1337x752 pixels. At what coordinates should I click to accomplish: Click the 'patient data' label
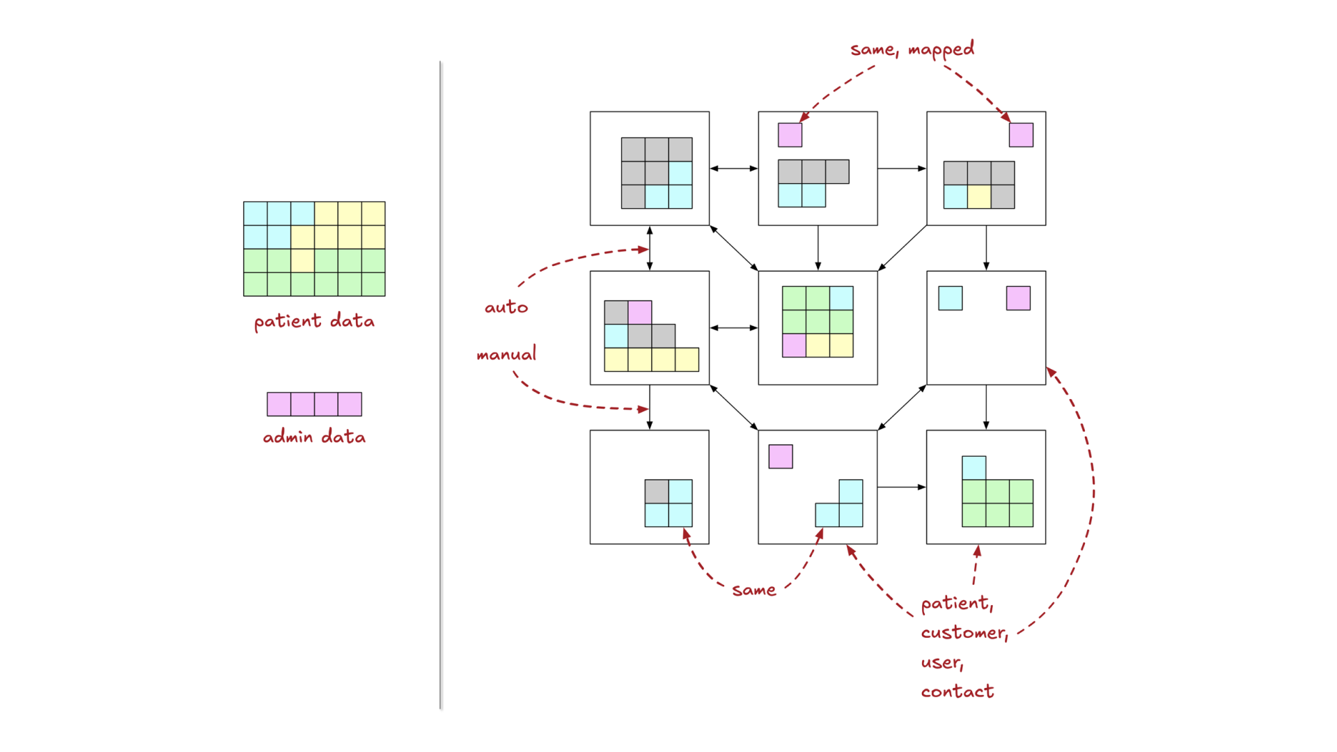pos(314,321)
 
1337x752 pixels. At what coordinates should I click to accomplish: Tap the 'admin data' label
pos(314,437)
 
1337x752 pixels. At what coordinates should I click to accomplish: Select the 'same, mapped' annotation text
pos(912,49)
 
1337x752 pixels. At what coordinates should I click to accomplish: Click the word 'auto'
pos(506,307)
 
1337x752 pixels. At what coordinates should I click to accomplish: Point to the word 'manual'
pos(506,354)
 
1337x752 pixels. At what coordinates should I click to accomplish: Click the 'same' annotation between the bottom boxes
pos(753,590)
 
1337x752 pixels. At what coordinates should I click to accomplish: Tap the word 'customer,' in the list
pos(964,632)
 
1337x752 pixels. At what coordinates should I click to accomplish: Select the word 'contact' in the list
pos(957,691)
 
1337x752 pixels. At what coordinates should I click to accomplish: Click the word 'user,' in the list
pos(941,662)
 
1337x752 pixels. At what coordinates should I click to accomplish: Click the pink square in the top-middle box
pos(790,135)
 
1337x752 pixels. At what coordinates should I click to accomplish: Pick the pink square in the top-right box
pos(1021,135)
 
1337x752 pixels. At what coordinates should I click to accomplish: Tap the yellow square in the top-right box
pos(979,197)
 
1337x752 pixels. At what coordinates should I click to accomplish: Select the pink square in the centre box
pos(794,345)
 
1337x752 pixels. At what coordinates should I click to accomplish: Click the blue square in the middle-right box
pos(950,298)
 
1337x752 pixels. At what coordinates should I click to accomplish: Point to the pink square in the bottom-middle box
pos(781,457)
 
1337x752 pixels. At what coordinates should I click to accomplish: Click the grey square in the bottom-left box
pos(656,492)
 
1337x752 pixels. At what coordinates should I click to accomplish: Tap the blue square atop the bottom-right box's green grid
pos(974,468)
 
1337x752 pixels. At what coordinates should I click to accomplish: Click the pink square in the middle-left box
pos(640,313)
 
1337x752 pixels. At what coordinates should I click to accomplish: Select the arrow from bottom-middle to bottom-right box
pos(901,487)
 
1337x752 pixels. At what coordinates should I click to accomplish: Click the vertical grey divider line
pos(441,383)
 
